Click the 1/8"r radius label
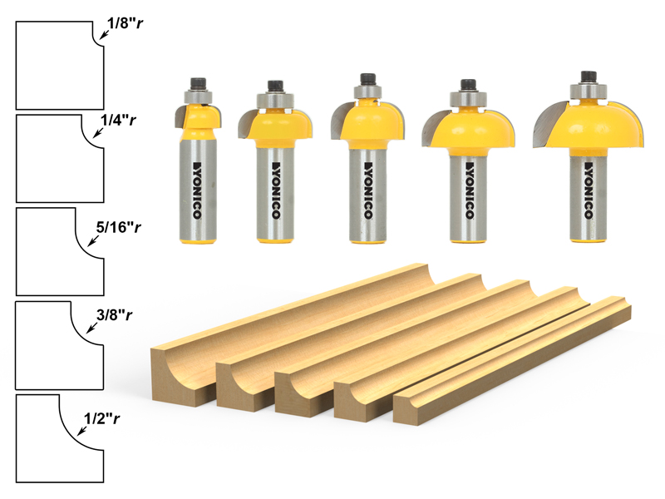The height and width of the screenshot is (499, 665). pos(126,23)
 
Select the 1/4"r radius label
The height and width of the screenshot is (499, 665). pos(118,121)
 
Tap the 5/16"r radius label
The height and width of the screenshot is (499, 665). pos(118,227)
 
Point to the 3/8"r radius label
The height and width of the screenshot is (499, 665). pos(114,315)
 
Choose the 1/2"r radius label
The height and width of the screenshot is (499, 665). pos(101,419)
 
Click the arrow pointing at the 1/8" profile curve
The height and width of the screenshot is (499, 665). pos(103,35)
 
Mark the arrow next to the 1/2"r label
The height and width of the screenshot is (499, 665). pos(81,430)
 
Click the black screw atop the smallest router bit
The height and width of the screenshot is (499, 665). pos(198,82)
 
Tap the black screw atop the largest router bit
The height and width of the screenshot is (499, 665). pos(589,77)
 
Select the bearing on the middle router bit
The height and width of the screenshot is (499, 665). pos(367,92)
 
